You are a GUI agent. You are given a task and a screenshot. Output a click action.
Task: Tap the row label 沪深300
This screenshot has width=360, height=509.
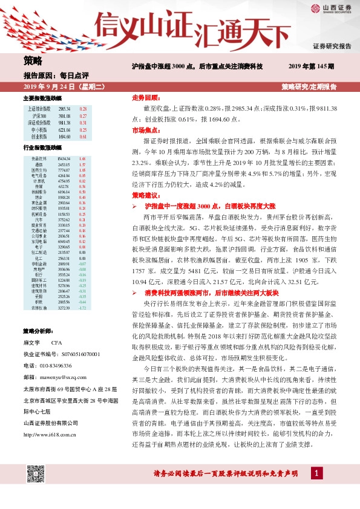pos(40,115)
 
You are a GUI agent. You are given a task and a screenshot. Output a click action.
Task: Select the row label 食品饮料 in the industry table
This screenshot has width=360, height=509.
pos(40,158)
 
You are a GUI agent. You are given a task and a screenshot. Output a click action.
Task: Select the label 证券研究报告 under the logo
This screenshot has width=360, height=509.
pos(332,46)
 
